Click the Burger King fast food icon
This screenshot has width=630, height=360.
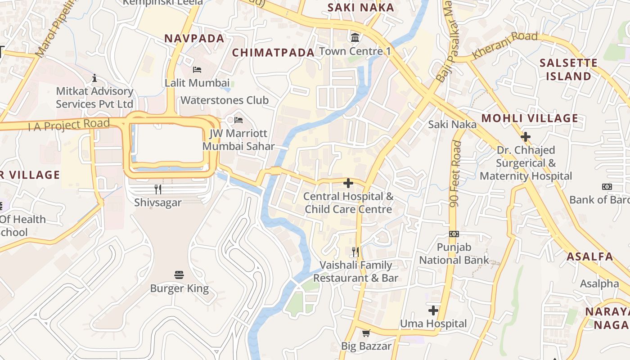tap(179, 275)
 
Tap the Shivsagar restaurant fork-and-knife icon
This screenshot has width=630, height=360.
tap(158, 189)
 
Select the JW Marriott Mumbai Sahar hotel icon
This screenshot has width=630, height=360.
tap(238, 120)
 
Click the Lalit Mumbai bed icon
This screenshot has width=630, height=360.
tap(197, 70)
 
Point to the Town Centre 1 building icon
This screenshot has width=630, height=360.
tap(355, 37)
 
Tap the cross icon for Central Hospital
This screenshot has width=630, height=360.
tap(348, 183)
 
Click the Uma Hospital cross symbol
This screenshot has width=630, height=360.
tap(433, 310)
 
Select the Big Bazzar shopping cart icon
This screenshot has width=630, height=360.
tap(366, 333)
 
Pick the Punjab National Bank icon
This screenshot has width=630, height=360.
tap(454, 234)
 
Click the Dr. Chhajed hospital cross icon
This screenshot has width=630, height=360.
tap(525, 137)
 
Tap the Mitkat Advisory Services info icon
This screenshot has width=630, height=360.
tap(94, 78)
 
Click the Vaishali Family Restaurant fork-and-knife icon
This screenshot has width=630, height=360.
tap(355, 252)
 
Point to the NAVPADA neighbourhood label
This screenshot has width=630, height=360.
tap(194, 39)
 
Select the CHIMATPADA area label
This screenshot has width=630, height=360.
tap(273, 53)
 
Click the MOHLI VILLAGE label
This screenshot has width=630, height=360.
tap(530, 119)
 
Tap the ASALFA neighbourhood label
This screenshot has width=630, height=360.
tap(589, 257)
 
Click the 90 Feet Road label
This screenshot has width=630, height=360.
tap(455, 174)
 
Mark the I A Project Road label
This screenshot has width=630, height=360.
tap(69, 125)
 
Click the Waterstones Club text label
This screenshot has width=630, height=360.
tap(225, 100)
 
